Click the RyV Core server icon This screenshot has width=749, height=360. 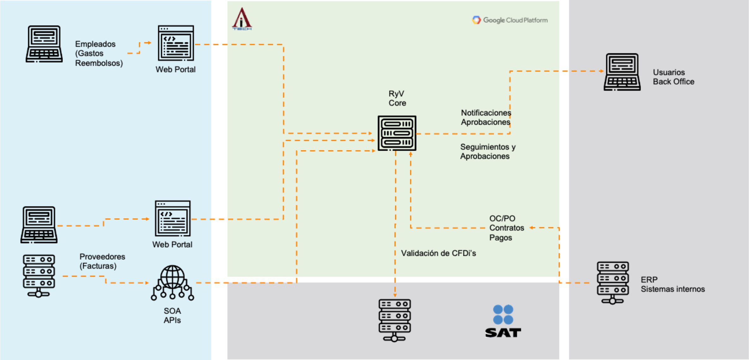click(x=397, y=133)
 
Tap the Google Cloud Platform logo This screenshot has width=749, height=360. click(x=510, y=20)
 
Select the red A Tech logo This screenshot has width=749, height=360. click(x=242, y=19)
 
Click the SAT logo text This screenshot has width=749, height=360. click(x=503, y=333)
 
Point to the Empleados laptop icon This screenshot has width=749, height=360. click(x=44, y=44)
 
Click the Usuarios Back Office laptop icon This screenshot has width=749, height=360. click(x=622, y=72)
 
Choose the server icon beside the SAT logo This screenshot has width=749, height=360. click(x=395, y=320)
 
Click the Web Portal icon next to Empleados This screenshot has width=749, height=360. click(x=176, y=43)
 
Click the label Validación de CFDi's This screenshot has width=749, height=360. click(x=438, y=253)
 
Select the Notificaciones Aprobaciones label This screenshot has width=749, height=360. click(x=486, y=117)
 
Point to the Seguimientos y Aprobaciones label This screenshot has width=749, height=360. click(x=487, y=152)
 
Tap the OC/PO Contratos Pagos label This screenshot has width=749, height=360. click(x=506, y=228)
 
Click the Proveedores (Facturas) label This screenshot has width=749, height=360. click(x=102, y=261)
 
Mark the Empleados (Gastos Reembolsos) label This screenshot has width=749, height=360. click(x=99, y=53)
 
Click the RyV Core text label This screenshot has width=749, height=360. click(x=397, y=98)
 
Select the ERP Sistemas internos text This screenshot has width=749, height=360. click(x=673, y=285)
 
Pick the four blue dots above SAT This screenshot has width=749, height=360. click(x=503, y=315)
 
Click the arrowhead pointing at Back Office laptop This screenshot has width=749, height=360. click(x=601, y=71)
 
